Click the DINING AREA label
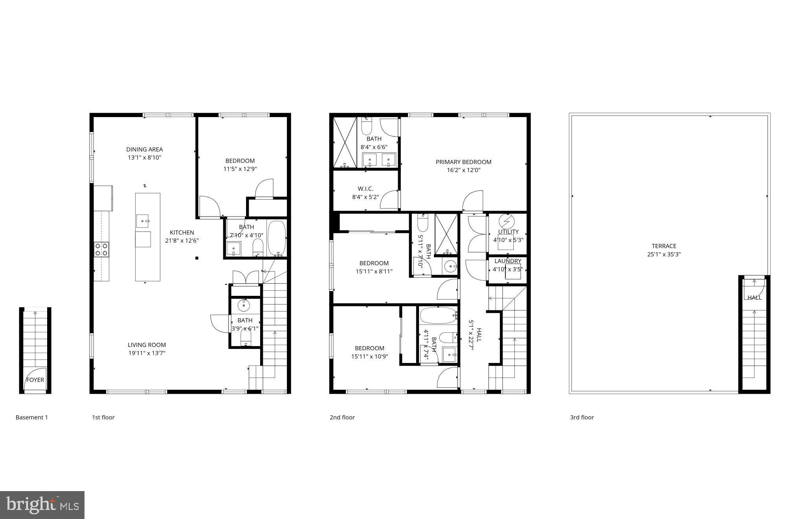coord(144,149)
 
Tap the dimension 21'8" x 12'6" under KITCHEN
coord(182,241)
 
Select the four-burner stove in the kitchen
coord(101,249)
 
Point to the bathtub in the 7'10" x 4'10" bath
coord(277,238)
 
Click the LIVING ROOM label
coord(147,345)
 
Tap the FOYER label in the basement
coord(35,380)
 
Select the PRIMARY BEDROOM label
coord(463,162)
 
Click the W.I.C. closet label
coord(365,189)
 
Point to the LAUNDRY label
coord(507,261)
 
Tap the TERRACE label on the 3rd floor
coord(664,246)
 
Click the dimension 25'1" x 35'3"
coord(664,254)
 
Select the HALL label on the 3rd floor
coord(754,297)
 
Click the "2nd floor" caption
coord(342,417)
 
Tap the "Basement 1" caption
coord(31,417)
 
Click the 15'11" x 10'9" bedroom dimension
coord(369,357)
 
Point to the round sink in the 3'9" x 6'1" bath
coord(244,304)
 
